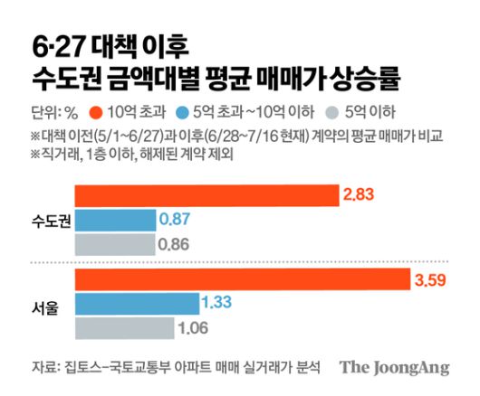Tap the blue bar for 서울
pyautogui.click(x=135, y=302)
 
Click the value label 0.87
pyautogui.click(x=175, y=219)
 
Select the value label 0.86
pyautogui.click(x=175, y=243)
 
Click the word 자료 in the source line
pyautogui.click(x=43, y=367)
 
